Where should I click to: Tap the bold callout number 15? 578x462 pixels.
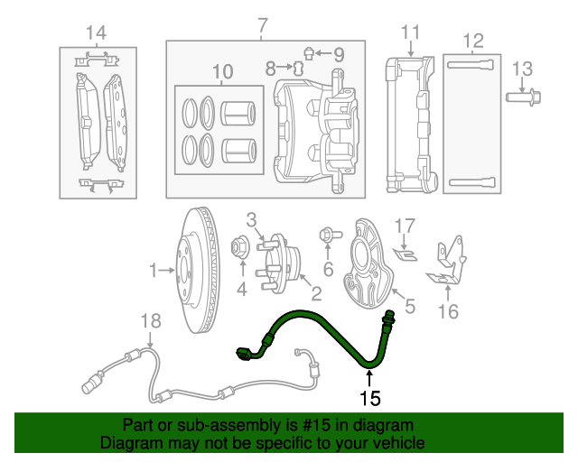[x=370, y=397]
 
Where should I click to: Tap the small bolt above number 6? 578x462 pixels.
[x=327, y=236]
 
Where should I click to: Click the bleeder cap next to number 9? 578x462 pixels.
[x=308, y=51]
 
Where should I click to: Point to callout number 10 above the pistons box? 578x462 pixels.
[x=222, y=70]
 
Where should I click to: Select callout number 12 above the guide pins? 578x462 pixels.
[x=472, y=41]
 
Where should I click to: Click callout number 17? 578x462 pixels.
[x=404, y=225]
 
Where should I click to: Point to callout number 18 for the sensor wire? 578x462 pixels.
[x=151, y=320]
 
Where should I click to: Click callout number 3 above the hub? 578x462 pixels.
[x=252, y=218]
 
